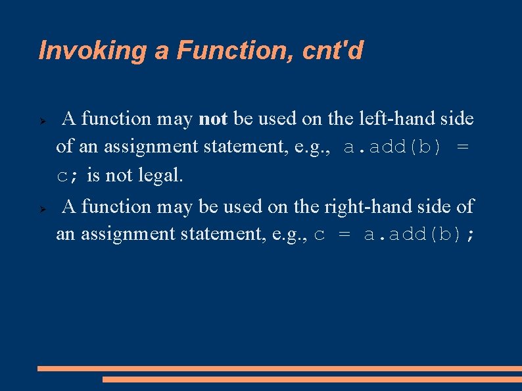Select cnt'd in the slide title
(333, 51)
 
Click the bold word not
(212, 119)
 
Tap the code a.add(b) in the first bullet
(392, 147)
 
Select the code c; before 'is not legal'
(66, 176)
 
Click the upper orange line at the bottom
(279, 369)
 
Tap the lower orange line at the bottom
(312, 379)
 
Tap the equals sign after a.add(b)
(463, 147)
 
